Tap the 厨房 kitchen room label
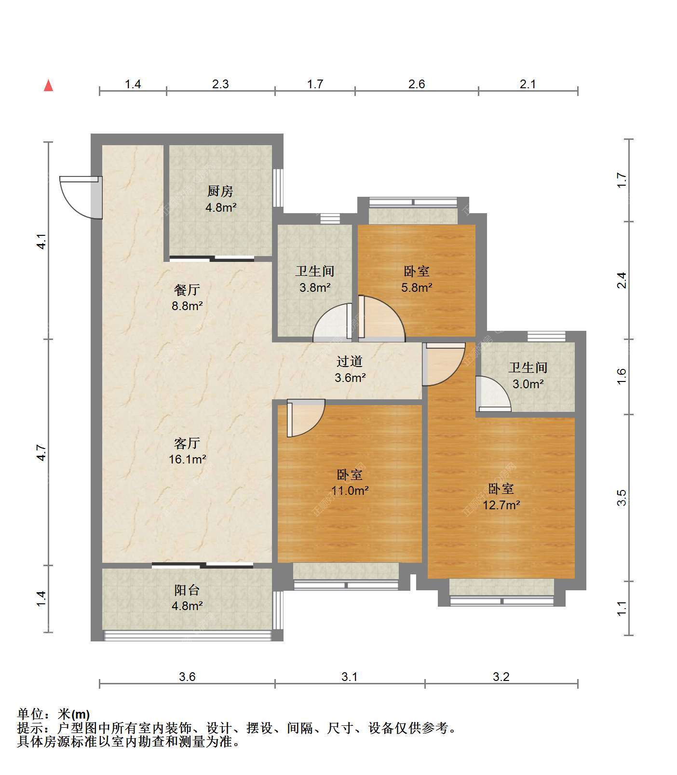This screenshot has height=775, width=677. [x=220, y=191]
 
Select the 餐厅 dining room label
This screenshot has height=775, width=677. [x=187, y=290]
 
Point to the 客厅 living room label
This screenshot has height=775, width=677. [x=187, y=443]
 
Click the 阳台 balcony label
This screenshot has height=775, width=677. [x=187, y=590]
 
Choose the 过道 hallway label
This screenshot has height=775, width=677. [x=350, y=361]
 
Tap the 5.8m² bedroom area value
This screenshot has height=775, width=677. [x=417, y=288]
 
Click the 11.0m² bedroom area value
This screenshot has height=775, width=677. [x=350, y=491]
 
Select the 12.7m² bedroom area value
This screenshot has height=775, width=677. [x=501, y=505]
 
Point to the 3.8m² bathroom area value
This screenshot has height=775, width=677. [x=315, y=288]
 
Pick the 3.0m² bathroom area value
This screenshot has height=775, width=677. [x=528, y=384]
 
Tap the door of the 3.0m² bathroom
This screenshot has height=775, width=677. [x=493, y=394]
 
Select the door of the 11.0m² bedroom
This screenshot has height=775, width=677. [x=305, y=418]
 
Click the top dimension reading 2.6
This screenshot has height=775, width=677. [x=417, y=84]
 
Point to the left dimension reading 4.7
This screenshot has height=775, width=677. [x=41, y=452]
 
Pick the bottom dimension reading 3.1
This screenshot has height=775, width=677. [x=350, y=677]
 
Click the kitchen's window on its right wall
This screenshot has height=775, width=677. [x=278, y=188]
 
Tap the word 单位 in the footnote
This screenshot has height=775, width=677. [x=30, y=714]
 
